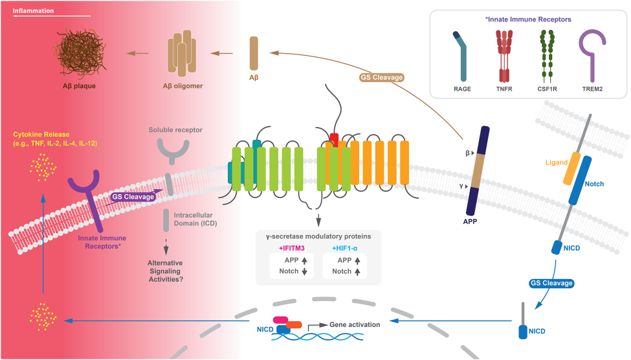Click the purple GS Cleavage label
click(131, 196)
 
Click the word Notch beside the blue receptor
click(595, 184)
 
